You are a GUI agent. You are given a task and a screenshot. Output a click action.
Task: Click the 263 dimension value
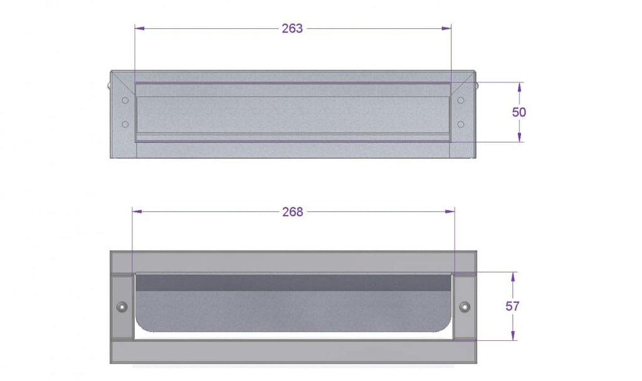292,28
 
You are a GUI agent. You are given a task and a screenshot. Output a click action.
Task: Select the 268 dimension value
293,212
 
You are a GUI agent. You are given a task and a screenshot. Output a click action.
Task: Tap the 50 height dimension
518,112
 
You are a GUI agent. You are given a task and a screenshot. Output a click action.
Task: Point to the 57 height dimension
512,306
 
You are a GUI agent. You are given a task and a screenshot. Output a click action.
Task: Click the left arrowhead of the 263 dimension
140,28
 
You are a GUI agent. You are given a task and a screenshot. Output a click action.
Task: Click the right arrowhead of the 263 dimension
446,28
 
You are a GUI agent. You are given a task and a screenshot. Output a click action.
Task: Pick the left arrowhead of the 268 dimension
137,212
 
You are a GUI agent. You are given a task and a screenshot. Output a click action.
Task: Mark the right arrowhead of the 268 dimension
450,212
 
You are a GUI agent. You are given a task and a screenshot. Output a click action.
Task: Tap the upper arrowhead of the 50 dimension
520,87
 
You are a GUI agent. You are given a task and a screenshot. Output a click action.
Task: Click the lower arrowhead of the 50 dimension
520,137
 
